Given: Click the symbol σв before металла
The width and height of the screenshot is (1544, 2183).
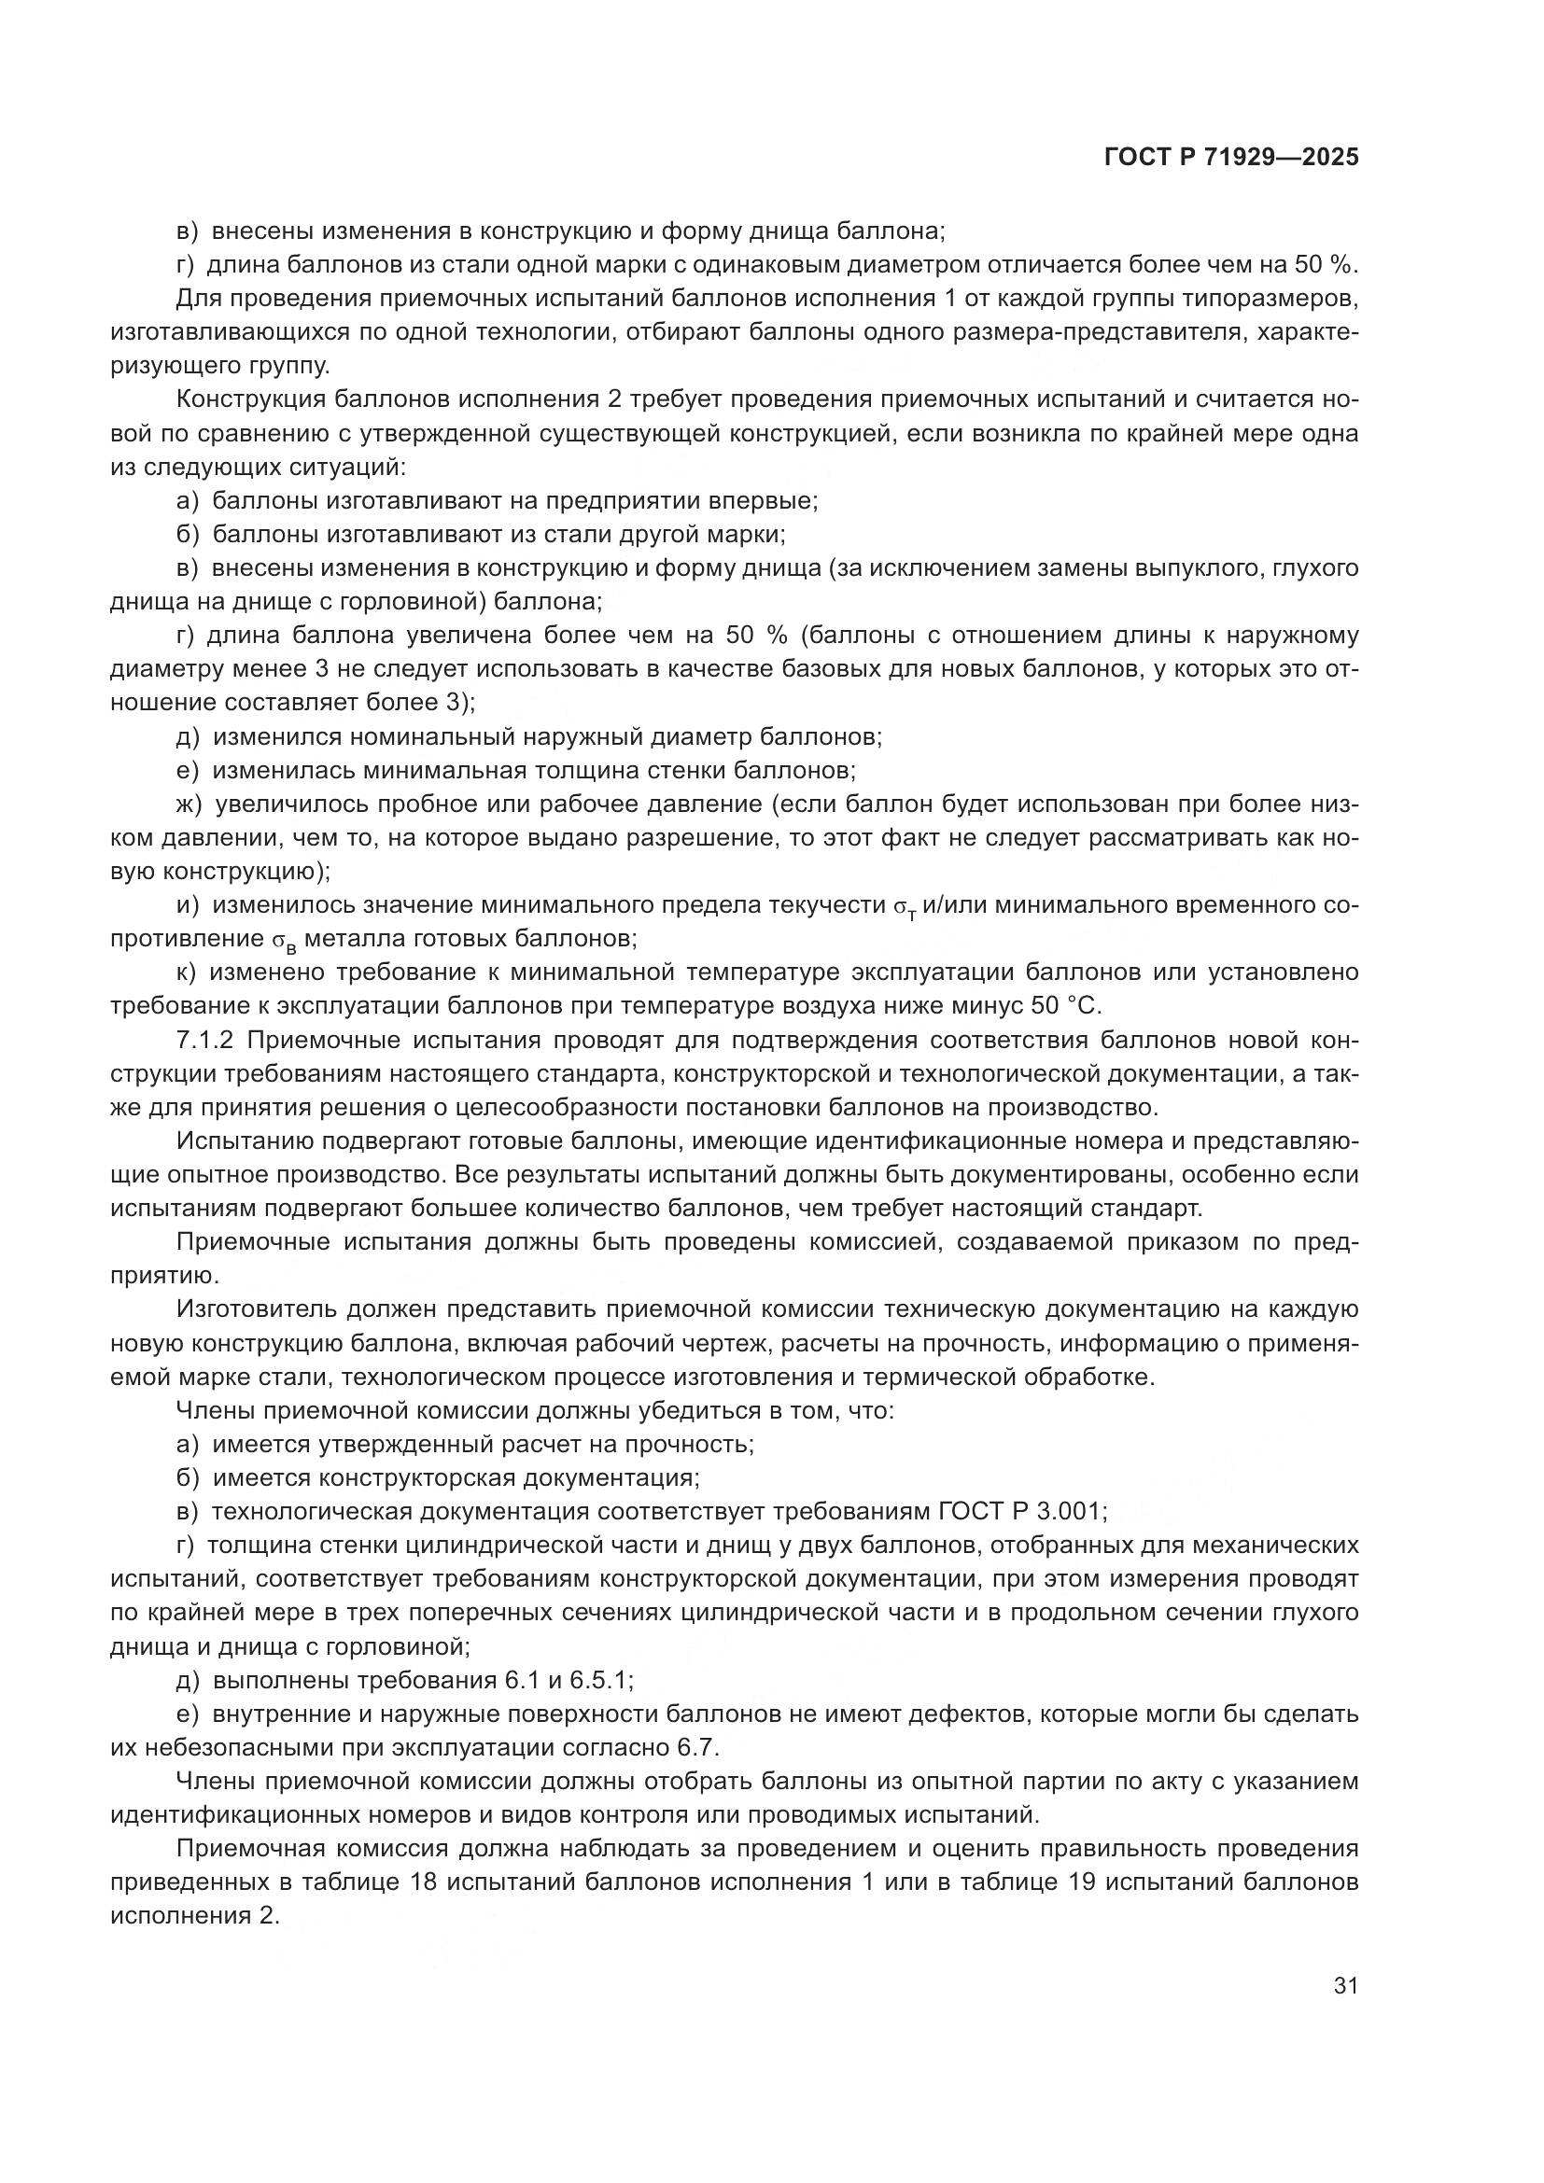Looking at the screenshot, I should pos(278,941).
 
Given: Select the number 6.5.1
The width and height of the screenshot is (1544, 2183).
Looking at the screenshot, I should pos(599,1680).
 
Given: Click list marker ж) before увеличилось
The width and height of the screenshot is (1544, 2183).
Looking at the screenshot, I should pos(189,805).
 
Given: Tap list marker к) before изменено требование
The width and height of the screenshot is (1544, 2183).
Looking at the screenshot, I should pos(188,973).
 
